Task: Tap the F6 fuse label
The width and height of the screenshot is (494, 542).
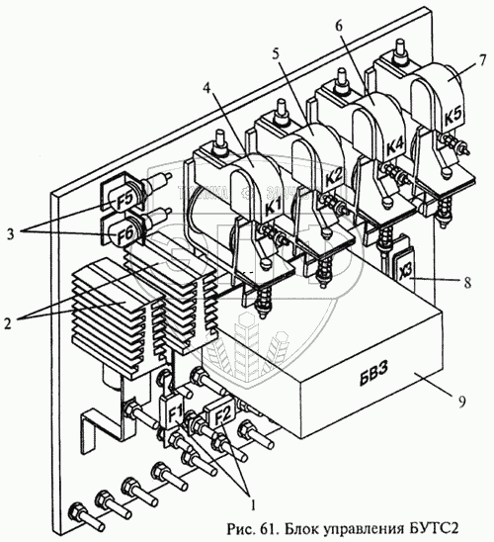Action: coord(124,236)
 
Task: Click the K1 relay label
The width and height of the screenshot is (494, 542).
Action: coord(273,208)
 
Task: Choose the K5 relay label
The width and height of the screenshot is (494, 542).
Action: coord(453,119)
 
